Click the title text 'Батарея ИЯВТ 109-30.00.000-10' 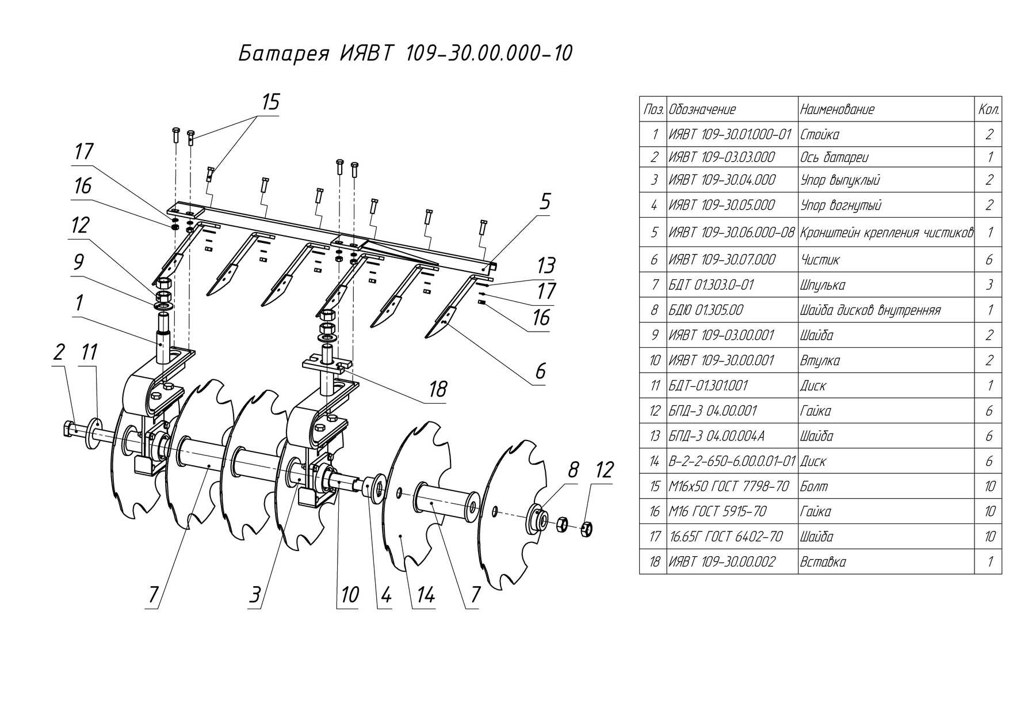(406, 54)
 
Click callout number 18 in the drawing (438, 389)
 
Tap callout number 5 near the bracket (545, 202)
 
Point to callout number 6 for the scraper (540, 371)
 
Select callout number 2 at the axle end (59, 352)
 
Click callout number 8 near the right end (573, 470)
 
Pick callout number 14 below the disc (425, 595)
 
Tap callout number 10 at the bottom (350, 595)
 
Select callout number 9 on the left (79, 263)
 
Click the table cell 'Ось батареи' (834, 157)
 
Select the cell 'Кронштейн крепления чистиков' (886, 233)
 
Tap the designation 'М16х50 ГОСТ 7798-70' (729, 487)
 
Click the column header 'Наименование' (837, 109)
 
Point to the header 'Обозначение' (702, 109)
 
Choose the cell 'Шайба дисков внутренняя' (870, 310)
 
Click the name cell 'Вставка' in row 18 (823, 562)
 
